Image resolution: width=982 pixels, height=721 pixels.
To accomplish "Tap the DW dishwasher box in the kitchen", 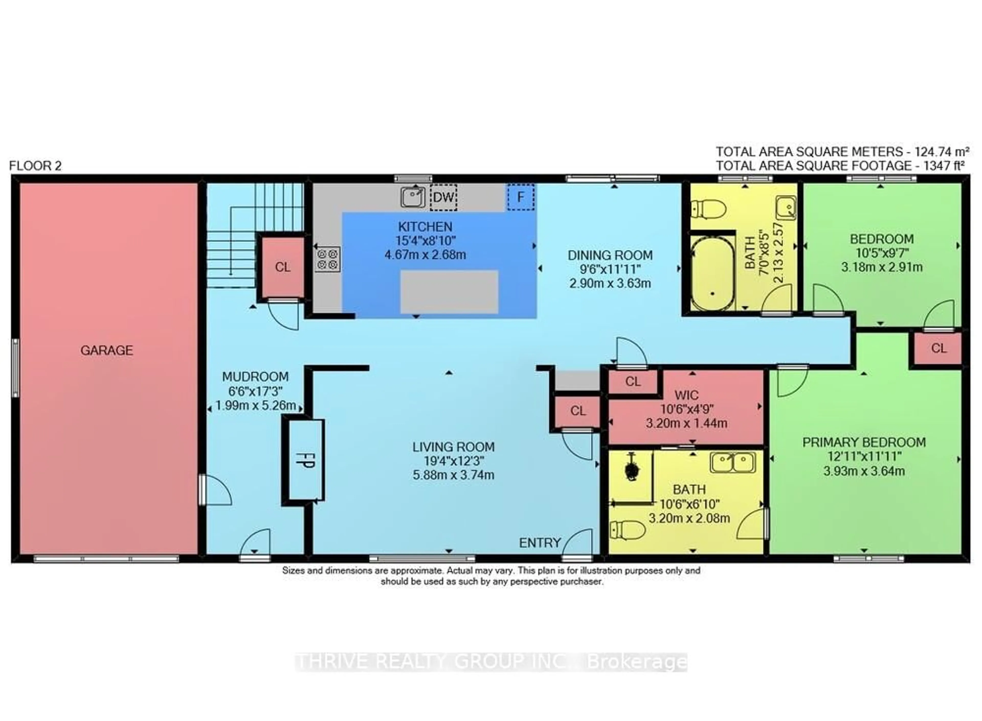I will pos(443,197).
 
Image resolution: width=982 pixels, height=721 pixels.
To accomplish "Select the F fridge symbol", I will pos(520,197).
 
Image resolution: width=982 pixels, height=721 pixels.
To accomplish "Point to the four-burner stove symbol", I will pos(327,259).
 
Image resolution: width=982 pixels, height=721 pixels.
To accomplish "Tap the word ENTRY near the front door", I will pos(540,543).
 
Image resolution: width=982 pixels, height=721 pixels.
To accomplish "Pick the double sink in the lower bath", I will pos(733,463).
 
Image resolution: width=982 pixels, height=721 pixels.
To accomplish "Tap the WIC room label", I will pos(686,396).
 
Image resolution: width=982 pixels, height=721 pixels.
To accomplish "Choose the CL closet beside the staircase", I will pos(282,267).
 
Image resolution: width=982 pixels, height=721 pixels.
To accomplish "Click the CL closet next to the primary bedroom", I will pos(938,348).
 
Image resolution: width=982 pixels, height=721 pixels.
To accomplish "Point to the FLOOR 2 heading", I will pos(35,166).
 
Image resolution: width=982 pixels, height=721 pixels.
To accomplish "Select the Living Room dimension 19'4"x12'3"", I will pos(453,461).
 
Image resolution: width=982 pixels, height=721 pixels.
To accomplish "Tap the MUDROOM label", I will pos(255,377).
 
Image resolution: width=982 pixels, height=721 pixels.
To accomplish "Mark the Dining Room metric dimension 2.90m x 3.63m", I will pos(610,283).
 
